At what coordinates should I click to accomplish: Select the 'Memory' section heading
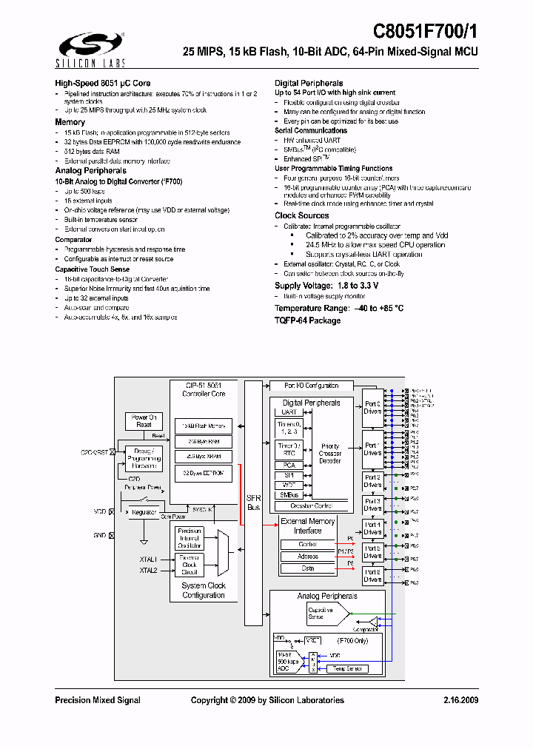70,122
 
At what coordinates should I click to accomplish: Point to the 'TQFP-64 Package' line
307,320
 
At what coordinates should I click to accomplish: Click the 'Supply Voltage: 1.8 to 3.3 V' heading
326,286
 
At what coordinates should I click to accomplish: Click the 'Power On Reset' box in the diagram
144,420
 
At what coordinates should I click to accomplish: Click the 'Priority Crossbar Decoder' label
330,453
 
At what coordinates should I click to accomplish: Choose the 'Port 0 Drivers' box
372,408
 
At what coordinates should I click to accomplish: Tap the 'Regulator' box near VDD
144,511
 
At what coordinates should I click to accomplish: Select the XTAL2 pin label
148,571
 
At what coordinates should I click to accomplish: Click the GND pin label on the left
100,534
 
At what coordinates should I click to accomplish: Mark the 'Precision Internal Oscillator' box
189,537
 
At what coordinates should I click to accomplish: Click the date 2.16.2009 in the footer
460,700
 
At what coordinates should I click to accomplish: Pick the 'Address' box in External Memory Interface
307,557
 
